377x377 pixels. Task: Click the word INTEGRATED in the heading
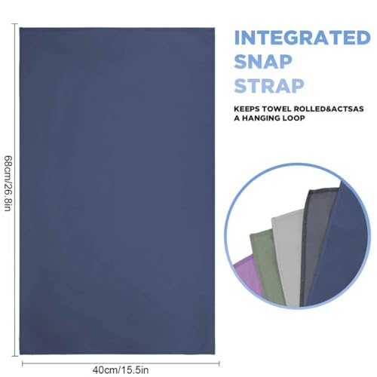click(302, 38)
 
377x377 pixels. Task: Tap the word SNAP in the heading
click(263, 62)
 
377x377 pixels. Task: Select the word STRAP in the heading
click(269, 86)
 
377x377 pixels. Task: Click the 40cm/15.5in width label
click(121, 370)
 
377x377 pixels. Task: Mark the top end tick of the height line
click(14, 24)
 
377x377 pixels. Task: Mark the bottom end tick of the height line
click(14, 356)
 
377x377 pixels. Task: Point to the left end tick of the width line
click(23, 363)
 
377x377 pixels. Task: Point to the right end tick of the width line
click(219, 363)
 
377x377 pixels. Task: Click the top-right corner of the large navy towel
click(215, 28)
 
